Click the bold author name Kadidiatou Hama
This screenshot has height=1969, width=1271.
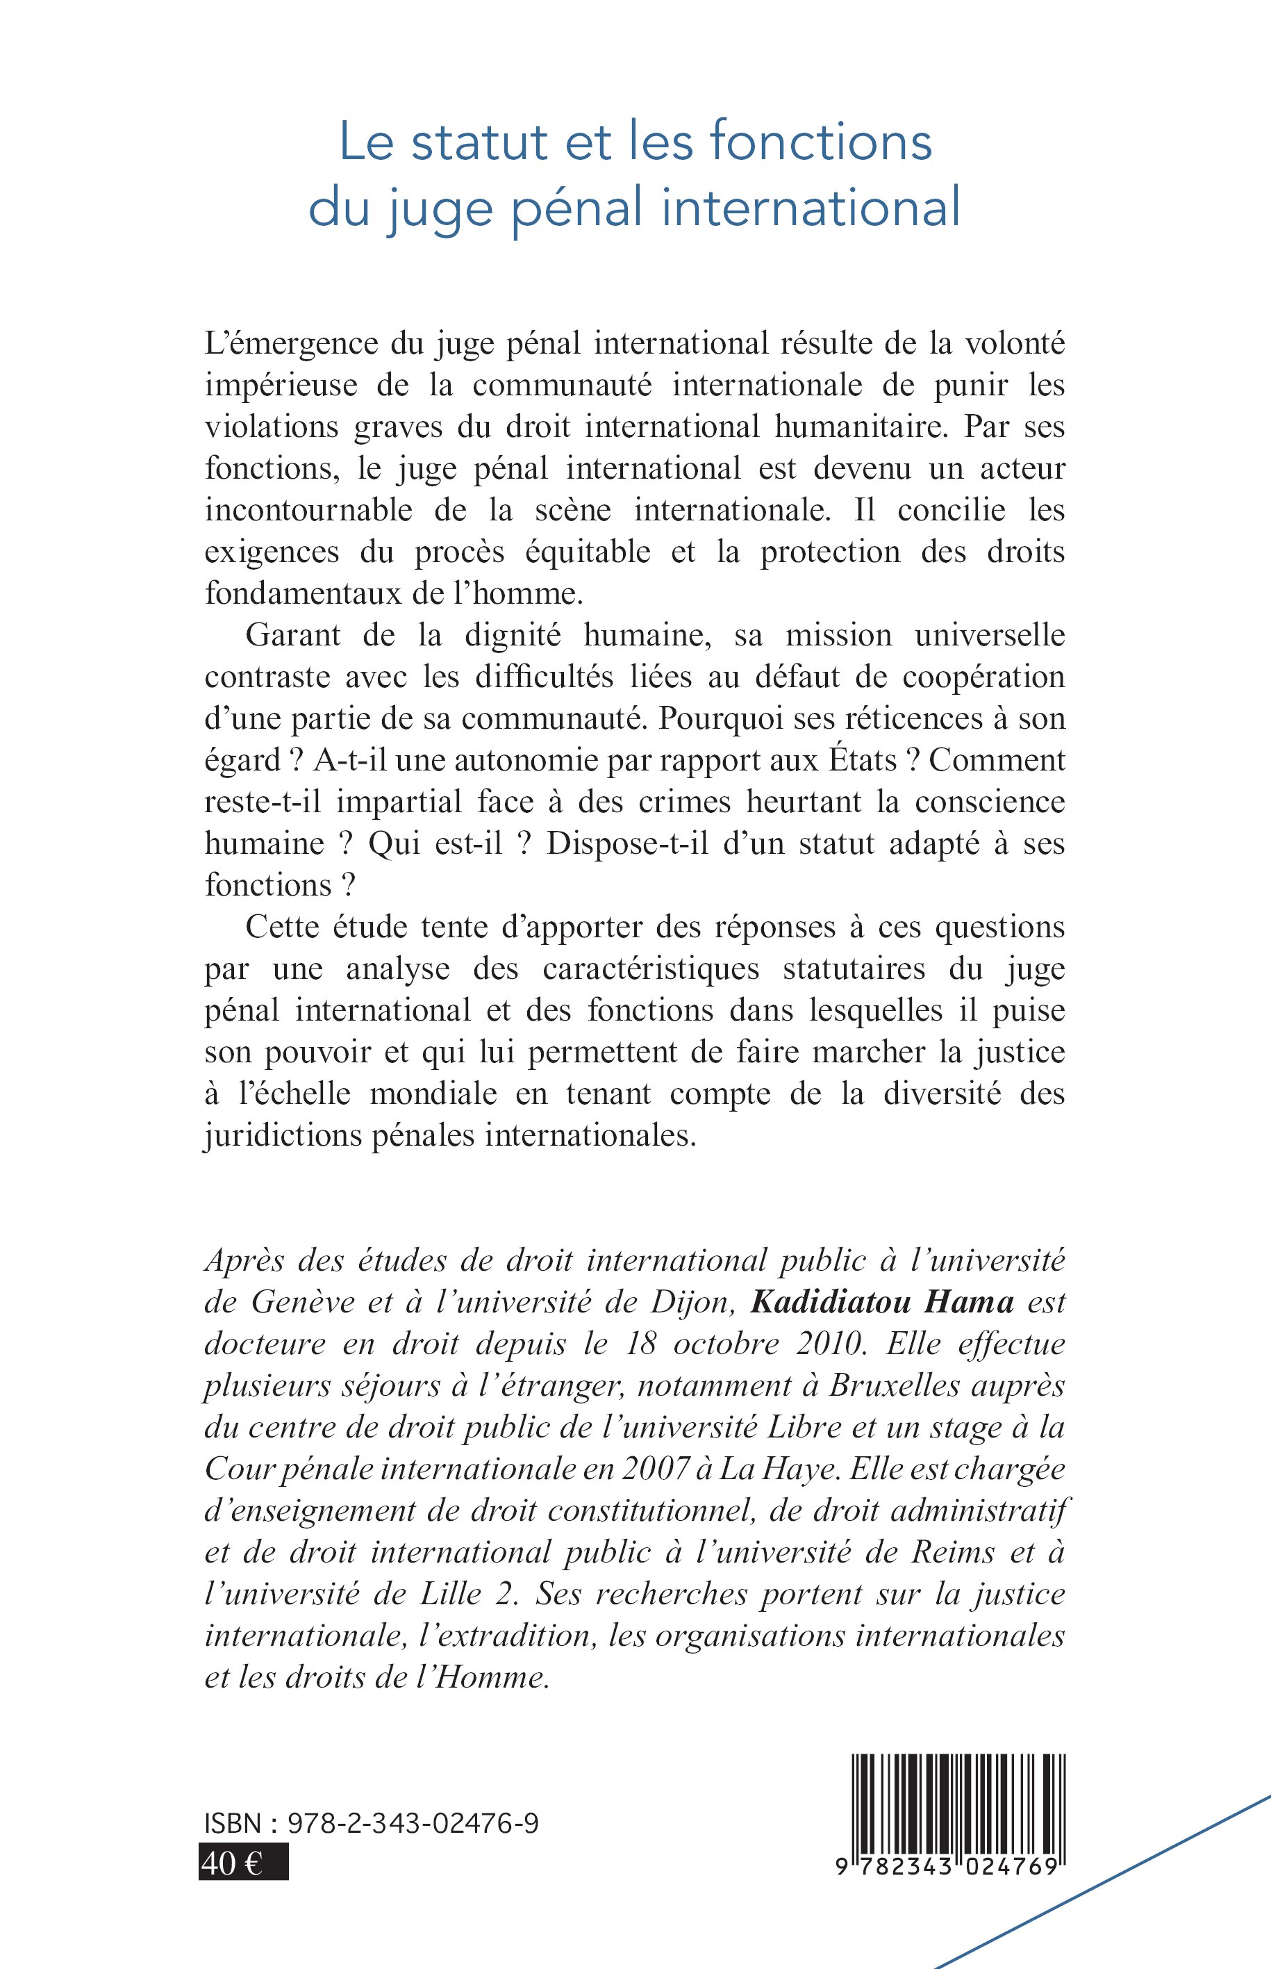click(882, 1302)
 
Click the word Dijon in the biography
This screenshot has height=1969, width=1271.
click(694, 1302)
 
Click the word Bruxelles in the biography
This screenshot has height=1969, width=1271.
click(895, 1385)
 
